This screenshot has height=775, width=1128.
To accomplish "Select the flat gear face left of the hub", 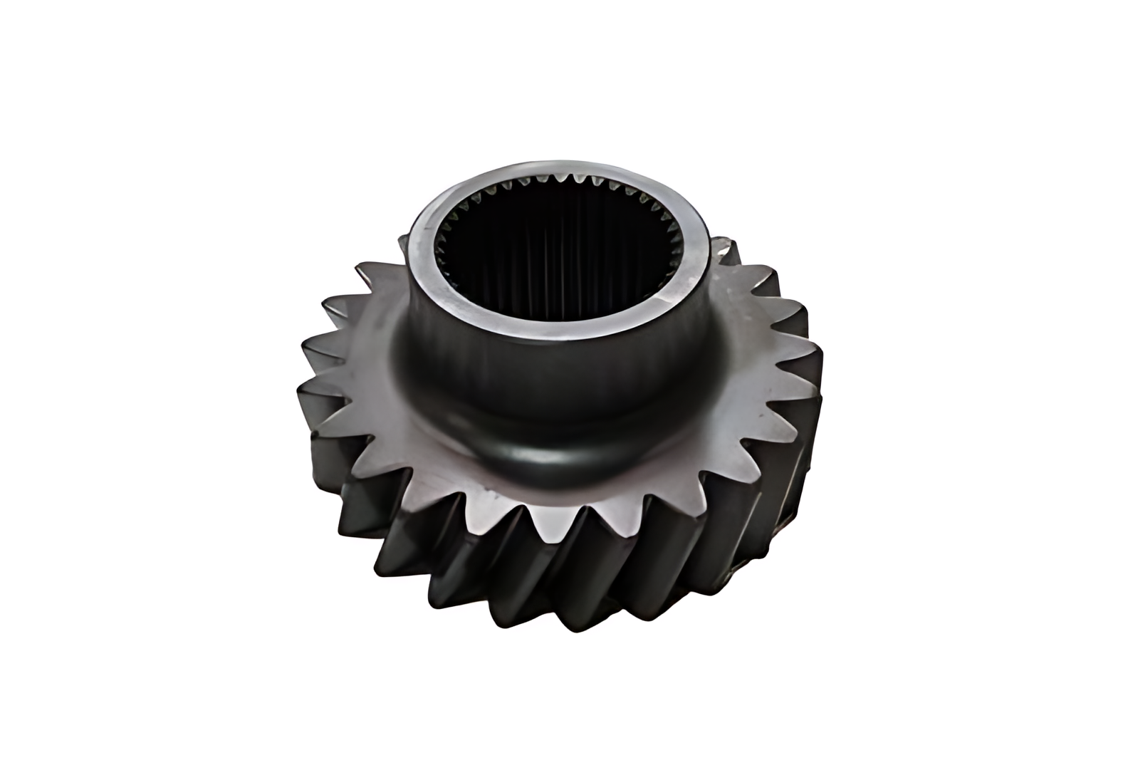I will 370,399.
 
